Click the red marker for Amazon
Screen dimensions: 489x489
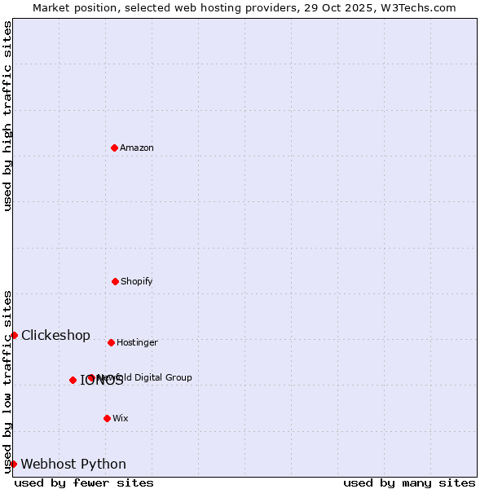pos(114,148)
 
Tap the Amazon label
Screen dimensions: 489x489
pos(137,148)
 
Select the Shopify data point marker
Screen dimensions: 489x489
pos(115,281)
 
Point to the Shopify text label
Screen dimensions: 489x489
pos(137,281)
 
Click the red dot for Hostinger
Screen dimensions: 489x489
pos(111,342)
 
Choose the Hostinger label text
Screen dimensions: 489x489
pos(137,342)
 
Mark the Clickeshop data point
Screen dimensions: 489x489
pos(14,335)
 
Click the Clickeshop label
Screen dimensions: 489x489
pos(55,336)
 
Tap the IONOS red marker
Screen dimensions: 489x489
pos(73,380)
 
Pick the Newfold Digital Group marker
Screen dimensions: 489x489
pos(91,377)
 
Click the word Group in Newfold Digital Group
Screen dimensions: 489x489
pos(178,377)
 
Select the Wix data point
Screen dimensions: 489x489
pos(107,418)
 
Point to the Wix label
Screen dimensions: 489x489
pos(121,418)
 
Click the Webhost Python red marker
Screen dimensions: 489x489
pos(13,464)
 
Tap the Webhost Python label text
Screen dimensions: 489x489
pos(73,465)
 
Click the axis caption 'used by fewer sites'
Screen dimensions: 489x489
pos(84,482)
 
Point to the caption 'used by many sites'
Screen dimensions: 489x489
pos(409,482)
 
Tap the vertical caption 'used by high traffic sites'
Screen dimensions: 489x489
pos(8,116)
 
